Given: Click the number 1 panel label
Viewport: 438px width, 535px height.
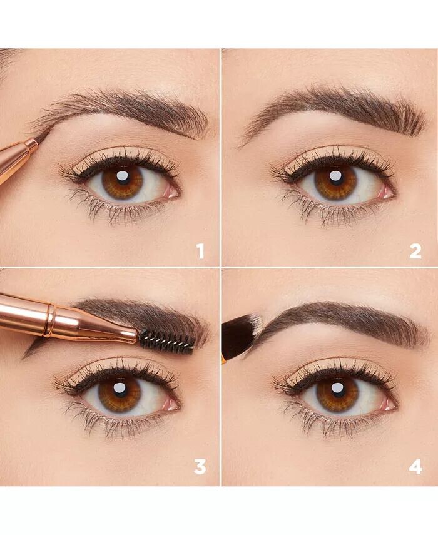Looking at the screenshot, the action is tap(200, 251).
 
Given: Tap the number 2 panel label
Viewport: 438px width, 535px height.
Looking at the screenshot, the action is tap(415, 251).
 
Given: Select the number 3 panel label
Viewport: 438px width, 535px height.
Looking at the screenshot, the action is tap(200, 466).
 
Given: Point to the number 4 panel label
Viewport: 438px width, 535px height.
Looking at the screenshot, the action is tap(415, 466).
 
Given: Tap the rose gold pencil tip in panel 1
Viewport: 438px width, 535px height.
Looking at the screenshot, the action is tap(42, 137).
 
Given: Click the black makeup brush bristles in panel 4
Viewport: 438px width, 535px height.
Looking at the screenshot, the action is tap(240, 334).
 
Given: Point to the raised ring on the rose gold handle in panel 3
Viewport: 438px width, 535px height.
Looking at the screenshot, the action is tap(49, 320).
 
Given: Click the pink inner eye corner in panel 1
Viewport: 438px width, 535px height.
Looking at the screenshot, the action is tap(171, 192).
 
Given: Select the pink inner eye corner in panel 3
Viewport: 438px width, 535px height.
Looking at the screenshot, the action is tap(171, 404).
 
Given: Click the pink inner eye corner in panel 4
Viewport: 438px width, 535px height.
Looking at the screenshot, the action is tap(388, 404).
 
